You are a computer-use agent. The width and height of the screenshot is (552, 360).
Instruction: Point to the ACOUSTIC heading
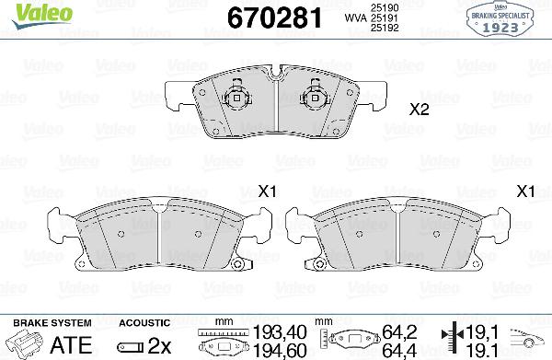click(144, 323)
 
